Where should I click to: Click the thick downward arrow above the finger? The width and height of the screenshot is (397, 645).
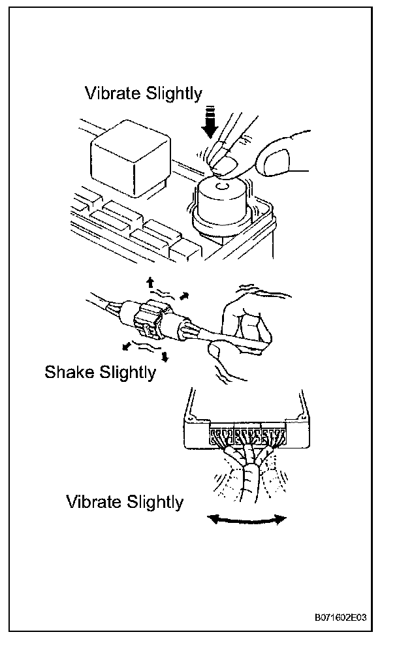point(211,123)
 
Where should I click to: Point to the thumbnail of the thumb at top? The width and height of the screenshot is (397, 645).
point(274,159)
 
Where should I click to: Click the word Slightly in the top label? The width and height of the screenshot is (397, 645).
point(176,93)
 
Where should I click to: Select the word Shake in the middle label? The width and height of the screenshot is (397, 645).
point(71,373)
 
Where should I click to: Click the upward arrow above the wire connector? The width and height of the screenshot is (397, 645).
point(150,283)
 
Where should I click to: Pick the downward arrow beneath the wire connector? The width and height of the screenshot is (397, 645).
point(165,356)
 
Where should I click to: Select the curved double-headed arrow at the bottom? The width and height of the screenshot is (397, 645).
point(246,519)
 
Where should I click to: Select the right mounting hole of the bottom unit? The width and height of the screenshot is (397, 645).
point(303,415)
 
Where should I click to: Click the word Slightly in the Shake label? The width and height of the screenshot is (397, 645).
point(128,373)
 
